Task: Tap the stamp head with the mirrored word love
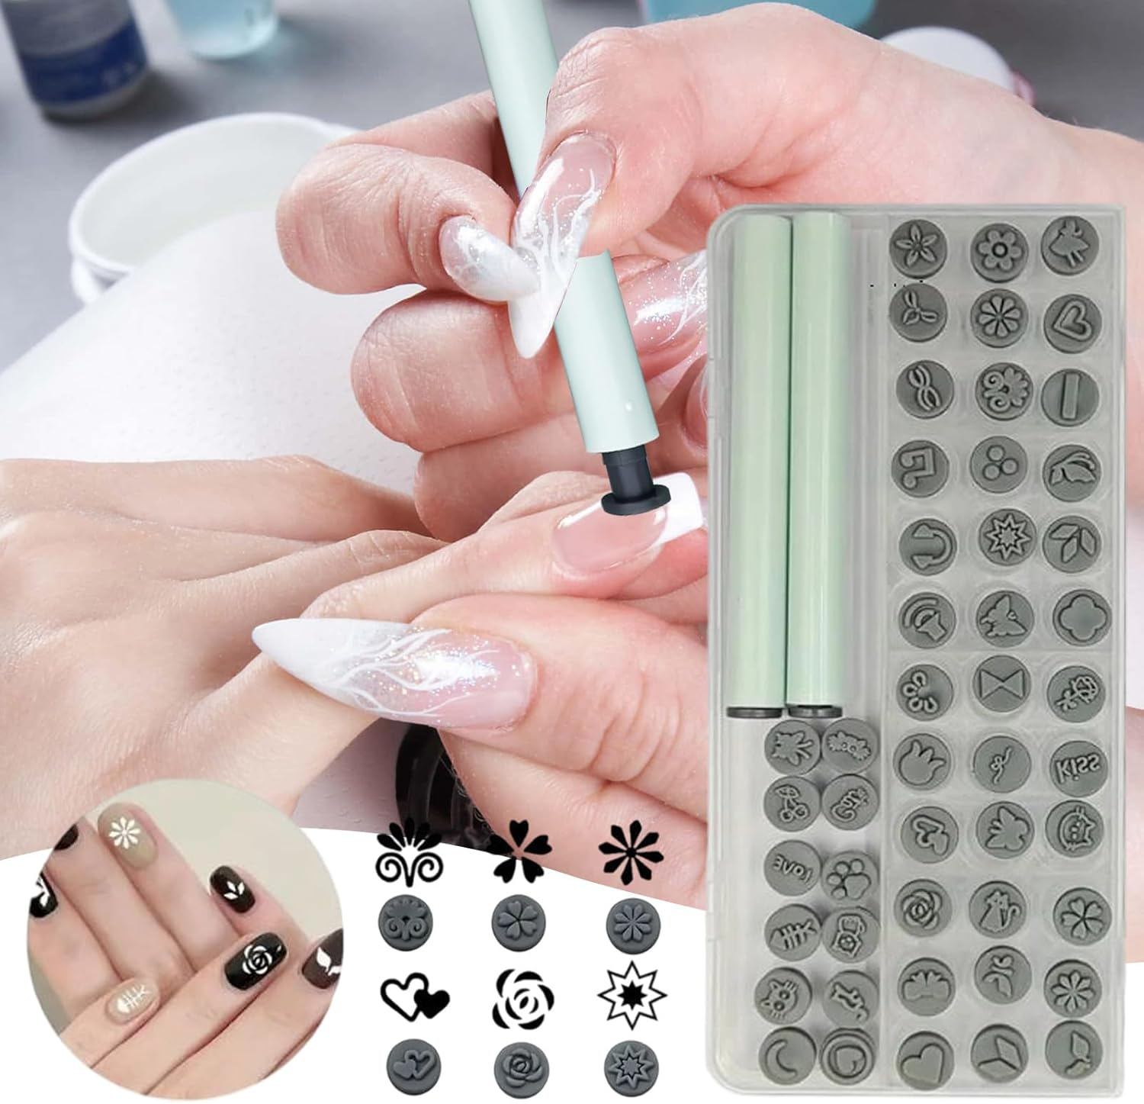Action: [791, 869]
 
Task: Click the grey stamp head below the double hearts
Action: [413, 1061]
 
